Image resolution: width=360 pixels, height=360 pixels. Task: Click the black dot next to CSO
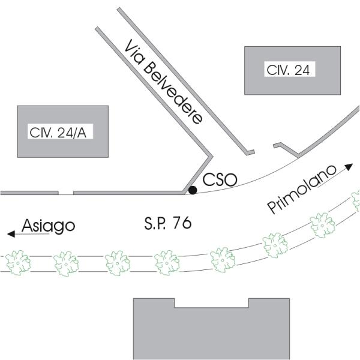click(x=193, y=190)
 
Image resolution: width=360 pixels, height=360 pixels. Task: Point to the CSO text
click(x=220, y=179)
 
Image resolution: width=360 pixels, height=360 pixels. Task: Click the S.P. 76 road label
click(x=167, y=223)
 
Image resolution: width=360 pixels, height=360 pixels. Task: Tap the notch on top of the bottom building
click(x=211, y=302)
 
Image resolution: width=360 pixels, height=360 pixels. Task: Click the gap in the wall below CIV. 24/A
click(x=66, y=193)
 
